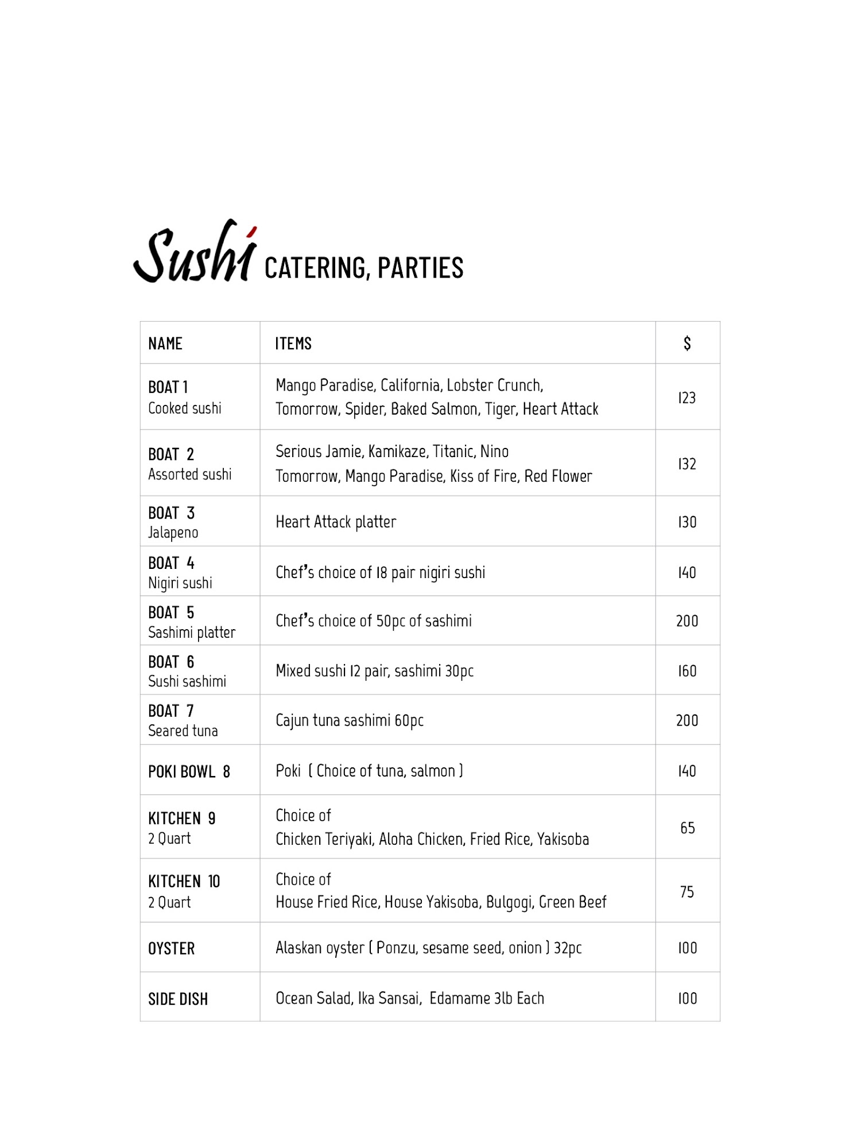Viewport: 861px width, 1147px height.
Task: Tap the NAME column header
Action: [165, 344]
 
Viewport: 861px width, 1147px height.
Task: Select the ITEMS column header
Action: [293, 344]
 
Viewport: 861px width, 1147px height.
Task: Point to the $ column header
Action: [687, 343]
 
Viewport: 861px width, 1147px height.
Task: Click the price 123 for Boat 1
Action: [687, 397]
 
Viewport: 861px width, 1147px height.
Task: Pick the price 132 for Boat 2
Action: [687, 463]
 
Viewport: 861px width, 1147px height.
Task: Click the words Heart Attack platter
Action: [336, 522]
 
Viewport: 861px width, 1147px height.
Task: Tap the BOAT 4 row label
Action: [171, 563]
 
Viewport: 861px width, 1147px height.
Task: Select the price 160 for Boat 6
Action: [687, 670]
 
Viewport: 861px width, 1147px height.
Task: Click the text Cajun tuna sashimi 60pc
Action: [350, 720]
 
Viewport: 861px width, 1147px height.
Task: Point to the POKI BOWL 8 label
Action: [189, 771]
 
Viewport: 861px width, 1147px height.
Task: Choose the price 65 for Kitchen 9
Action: [687, 828]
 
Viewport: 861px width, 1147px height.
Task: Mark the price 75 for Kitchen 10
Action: [687, 892]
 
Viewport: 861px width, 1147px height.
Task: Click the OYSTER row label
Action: [171, 949]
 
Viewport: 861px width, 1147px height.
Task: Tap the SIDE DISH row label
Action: [178, 999]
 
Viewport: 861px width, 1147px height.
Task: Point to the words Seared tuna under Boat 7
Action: [183, 731]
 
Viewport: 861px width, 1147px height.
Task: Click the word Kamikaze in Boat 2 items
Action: [398, 452]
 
